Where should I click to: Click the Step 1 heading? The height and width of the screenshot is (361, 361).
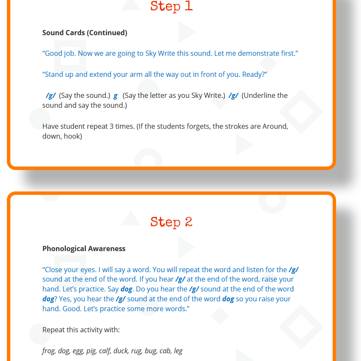coord(171,6)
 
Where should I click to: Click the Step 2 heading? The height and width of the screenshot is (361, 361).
coord(171,222)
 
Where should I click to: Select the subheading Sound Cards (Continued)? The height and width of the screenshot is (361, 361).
coord(85,33)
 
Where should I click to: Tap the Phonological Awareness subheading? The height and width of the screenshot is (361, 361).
coord(84,249)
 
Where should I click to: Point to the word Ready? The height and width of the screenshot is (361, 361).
coord(254,75)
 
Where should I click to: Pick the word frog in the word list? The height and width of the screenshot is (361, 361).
coord(48,351)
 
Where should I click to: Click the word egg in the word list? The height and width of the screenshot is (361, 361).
coord(78,351)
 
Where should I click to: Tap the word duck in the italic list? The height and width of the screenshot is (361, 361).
coord(121,351)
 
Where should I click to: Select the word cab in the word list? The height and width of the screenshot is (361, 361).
coord(165,351)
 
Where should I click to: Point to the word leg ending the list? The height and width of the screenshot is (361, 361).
coord(178,351)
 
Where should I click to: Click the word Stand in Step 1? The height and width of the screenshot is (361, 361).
coord(54,75)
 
